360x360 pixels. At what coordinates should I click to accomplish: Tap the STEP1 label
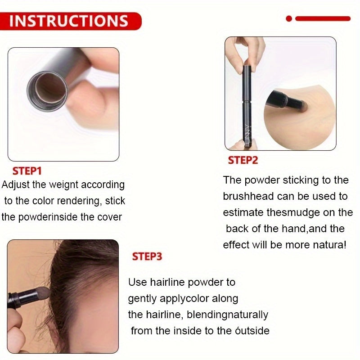click(27, 171)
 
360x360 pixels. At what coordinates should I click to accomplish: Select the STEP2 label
click(243, 161)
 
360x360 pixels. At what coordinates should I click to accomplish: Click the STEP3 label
click(147, 256)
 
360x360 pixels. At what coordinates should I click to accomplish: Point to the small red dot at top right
click(289, 18)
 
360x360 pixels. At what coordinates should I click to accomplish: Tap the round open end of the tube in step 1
click(47, 88)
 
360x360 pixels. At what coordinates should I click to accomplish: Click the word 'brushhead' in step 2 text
click(247, 196)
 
